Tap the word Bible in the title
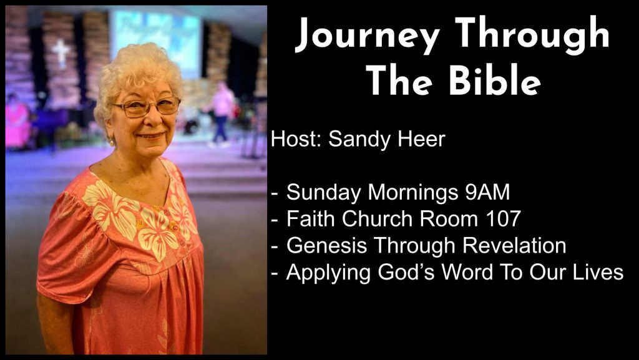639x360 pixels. [495, 80]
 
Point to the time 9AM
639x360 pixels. [487, 192]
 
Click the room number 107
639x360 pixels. [504, 219]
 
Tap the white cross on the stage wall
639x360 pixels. [62, 52]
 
